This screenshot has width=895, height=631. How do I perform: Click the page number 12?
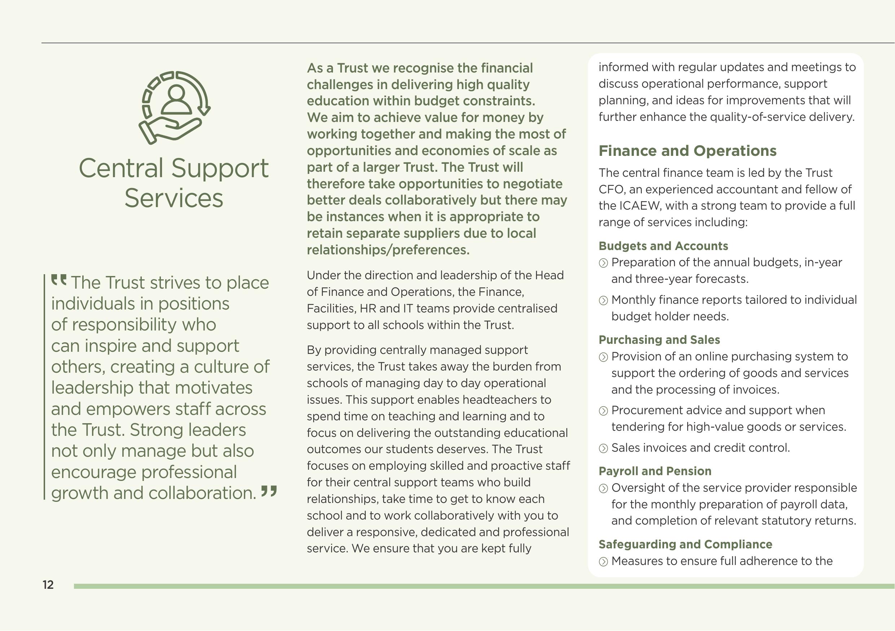(48, 584)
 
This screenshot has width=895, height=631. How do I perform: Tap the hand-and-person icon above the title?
(174, 108)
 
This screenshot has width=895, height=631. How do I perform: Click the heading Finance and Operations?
(687, 151)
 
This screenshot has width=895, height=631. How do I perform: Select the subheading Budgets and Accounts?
(663, 246)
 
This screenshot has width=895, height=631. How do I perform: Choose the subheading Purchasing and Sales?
(659, 340)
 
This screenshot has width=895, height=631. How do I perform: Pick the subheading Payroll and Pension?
(655, 471)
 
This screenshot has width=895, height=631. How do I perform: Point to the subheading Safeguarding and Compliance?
(685, 544)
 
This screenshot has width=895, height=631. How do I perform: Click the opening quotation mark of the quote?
(59, 280)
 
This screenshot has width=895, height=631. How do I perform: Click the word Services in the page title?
(174, 198)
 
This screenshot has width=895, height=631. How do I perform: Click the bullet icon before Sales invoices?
(603, 448)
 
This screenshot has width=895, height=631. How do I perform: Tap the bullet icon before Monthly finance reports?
(603, 301)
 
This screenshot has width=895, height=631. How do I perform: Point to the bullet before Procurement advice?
(603, 411)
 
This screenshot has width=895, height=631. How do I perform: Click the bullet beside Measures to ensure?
(603, 562)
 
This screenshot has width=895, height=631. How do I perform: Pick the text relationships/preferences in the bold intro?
(388, 250)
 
